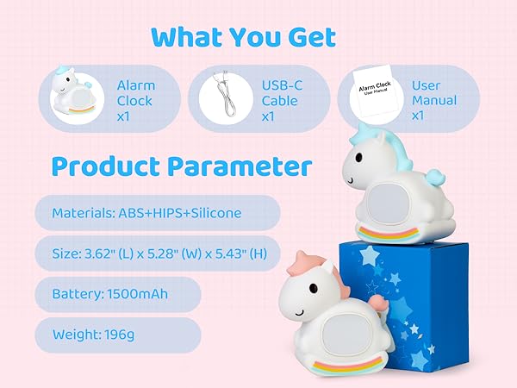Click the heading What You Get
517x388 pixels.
point(242,37)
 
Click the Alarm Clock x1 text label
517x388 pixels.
point(135,100)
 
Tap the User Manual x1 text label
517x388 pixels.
point(434,100)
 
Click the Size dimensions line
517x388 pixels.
point(157,253)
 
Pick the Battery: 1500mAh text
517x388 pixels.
point(109,294)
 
